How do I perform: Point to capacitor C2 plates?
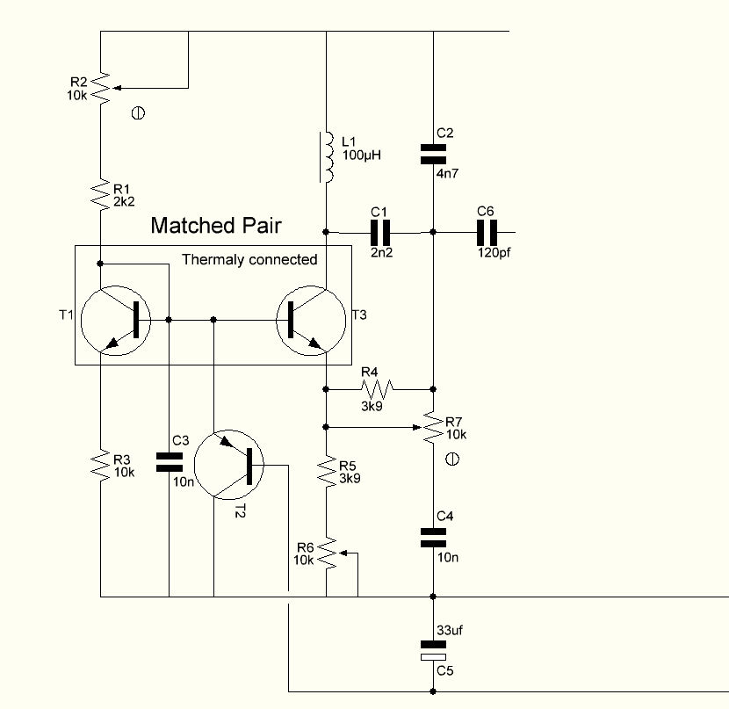click(433, 155)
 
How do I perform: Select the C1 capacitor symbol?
click(380, 233)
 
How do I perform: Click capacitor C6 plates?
click(487, 233)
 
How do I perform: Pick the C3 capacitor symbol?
click(170, 462)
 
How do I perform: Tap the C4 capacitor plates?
click(433, 538)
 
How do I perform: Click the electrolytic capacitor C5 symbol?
click(433, 650)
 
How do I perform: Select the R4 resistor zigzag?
click(377, 388)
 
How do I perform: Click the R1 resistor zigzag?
click(100, 194)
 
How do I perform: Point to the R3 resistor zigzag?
click(100, 465)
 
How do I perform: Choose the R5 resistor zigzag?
click(327, 472)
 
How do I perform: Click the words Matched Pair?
click(216, 226)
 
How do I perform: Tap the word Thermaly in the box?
click(208, 259)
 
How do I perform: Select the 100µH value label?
click(362, 156)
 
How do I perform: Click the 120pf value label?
click(494, 253)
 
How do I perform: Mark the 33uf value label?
click(450, 631)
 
